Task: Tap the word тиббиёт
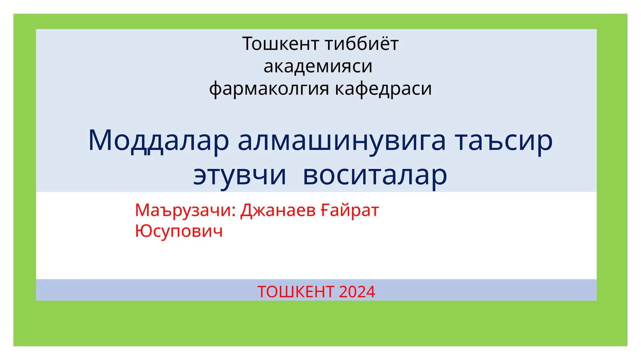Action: pos(362,44)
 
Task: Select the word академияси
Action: pos(318,66)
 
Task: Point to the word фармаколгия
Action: pos(268,89)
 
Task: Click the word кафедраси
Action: pos(383,89)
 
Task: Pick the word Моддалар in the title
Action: pos(158,141)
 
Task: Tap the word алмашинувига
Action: pos(342,141)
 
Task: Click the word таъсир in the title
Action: pos(504,141)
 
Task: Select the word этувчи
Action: pos(240,175)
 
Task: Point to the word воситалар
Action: pos(375,175)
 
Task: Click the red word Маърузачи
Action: pos(182,211)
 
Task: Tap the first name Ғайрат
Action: pos(349,211)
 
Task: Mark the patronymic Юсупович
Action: pos(179,231)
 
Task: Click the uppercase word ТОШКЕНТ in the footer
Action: pos(296,292)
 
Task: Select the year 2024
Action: pos(357,292)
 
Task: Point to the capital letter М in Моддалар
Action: pos(99,141)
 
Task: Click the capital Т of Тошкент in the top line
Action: pos(247,44)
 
